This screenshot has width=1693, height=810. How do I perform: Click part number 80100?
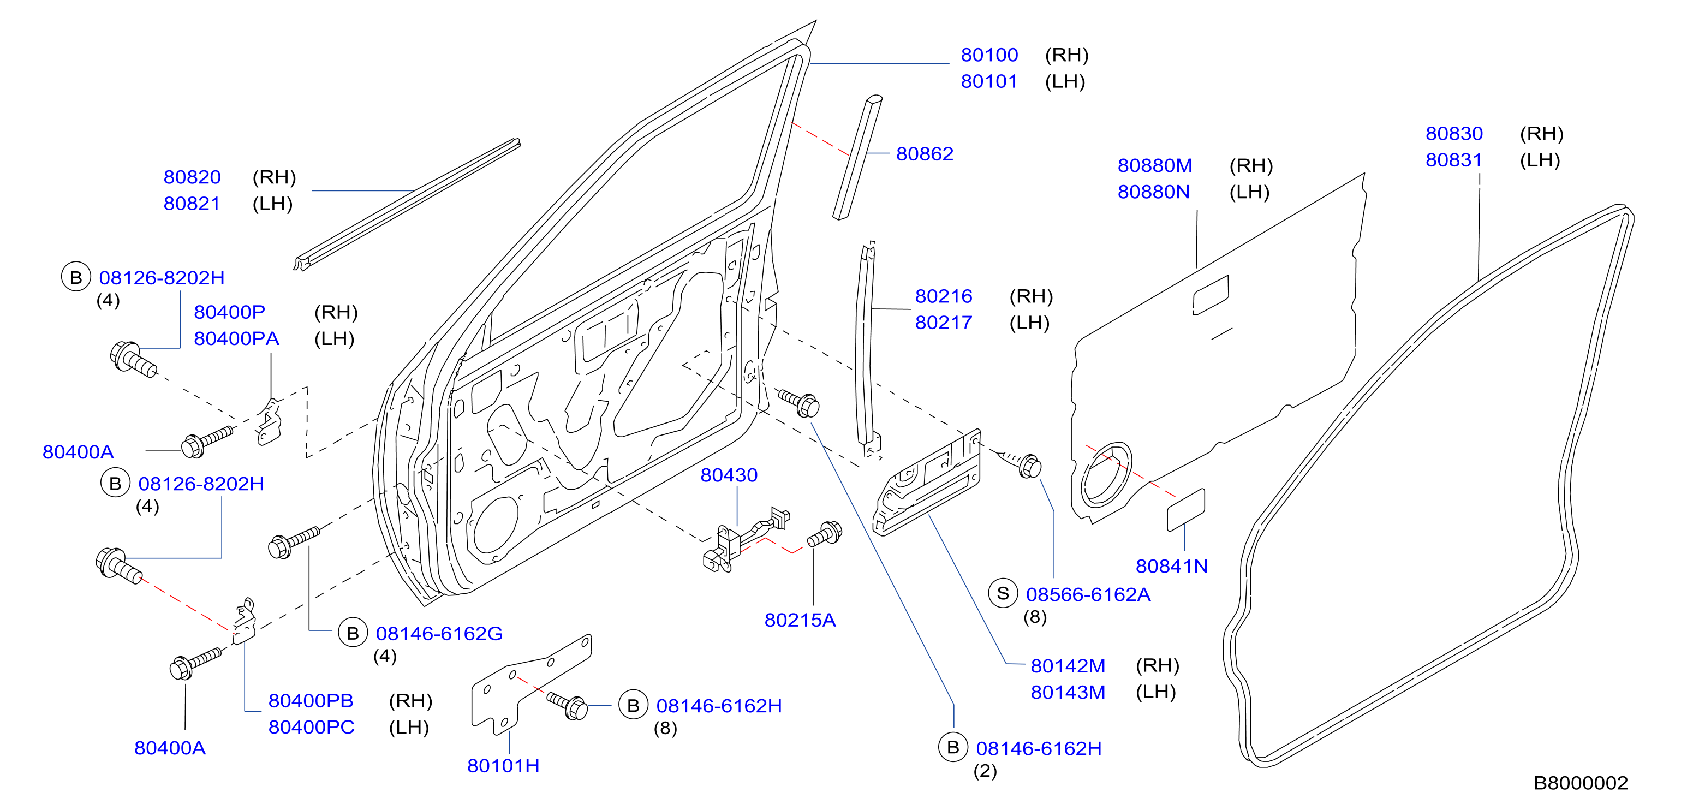989,55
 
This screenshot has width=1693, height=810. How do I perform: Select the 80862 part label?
924,154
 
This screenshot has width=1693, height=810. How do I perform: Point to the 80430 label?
728,475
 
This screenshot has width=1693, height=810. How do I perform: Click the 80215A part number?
800,620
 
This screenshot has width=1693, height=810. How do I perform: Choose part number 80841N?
1172,566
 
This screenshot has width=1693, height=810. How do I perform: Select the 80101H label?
503,766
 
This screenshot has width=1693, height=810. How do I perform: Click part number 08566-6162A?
1088,594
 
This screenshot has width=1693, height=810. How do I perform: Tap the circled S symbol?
1003,594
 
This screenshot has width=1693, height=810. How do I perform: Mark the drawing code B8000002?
1581,783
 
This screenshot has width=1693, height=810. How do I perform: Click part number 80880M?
1155,166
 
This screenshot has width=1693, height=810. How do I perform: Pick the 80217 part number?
943,323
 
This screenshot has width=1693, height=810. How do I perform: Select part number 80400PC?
311,727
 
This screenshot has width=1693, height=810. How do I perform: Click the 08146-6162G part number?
439,634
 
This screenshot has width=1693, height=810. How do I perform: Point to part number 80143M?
1068,692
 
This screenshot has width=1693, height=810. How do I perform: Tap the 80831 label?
1454,160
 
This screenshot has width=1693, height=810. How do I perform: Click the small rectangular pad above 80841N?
1185,510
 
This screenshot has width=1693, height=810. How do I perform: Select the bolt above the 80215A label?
825,534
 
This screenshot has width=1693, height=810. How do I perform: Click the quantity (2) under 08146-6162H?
985,771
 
